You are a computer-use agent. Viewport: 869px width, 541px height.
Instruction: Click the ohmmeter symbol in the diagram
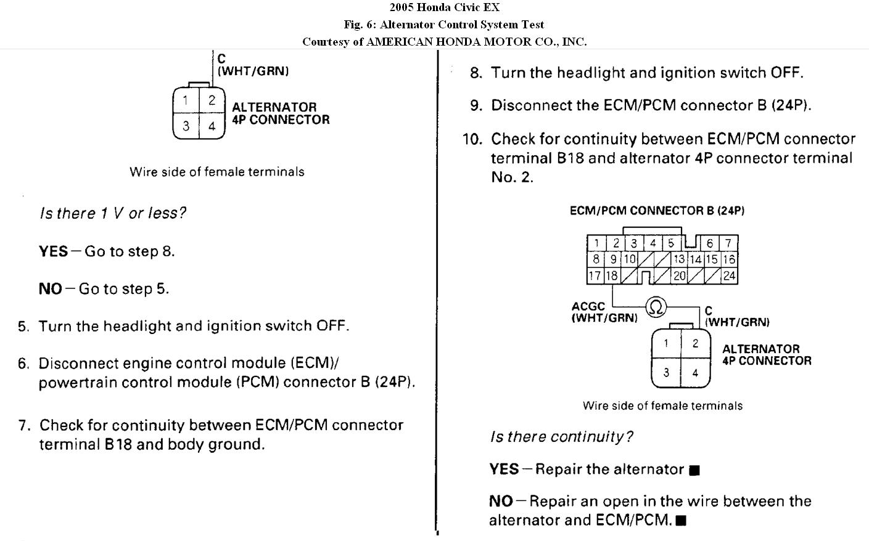[x=656, y=306]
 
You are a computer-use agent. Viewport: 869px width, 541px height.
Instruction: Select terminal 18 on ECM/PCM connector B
[x=611, y=276]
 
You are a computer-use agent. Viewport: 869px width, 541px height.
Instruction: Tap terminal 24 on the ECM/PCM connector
[x=729, y=276]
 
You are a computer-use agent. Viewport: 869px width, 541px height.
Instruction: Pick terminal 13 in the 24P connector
[x=679, y=259]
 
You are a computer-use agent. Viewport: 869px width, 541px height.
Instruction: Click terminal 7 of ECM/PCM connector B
[x=728, y=243]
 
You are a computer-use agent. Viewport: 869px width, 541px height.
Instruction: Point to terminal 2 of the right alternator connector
[x=695, y=344]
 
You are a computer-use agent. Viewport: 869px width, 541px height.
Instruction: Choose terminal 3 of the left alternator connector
[x=186, y=126]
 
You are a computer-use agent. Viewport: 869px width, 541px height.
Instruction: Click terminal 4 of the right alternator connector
[x=695, y=373]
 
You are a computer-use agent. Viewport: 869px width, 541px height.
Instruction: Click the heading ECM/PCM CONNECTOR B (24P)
[x=657, y=211]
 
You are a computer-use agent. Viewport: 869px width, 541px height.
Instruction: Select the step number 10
[x=472, y=139]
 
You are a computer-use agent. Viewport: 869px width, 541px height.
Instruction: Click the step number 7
[x=23, y=425]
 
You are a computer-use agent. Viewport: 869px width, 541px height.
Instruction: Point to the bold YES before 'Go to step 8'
[x=53, y=251]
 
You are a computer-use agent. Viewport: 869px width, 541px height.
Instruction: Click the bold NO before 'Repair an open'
[x=501, y=502]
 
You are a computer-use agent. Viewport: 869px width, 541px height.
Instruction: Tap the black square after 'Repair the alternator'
[x=694, y=471]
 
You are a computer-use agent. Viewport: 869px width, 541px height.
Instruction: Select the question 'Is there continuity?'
[x=561, y=437]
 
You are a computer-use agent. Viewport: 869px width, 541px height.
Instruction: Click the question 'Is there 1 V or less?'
[x=112, y=213]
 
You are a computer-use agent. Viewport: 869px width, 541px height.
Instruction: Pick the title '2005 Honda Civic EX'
[x=444, y=7]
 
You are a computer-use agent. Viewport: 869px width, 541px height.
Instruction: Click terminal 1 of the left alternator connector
[x=186, y=100]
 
